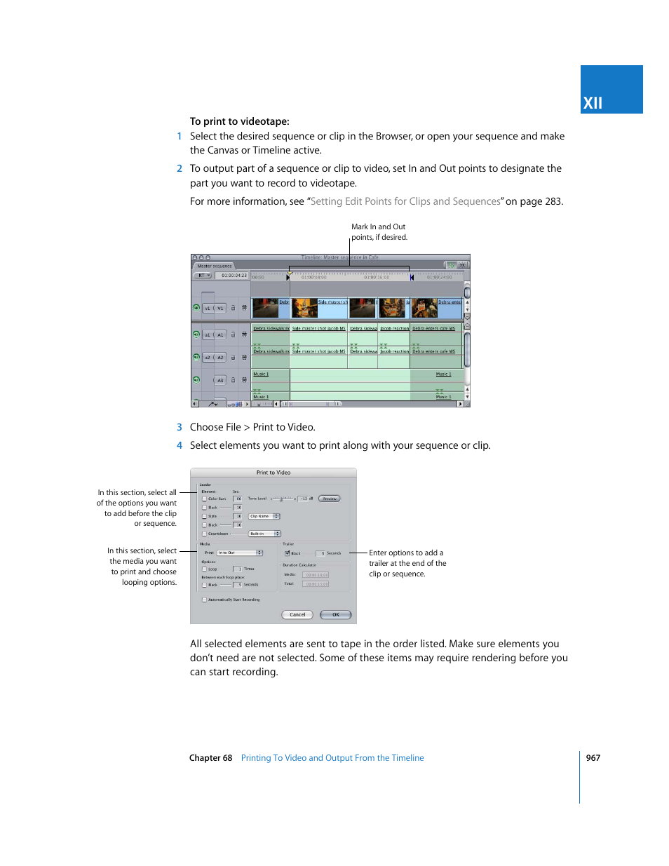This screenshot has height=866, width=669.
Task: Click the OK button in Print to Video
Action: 335,615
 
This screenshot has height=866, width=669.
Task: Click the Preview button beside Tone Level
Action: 329,499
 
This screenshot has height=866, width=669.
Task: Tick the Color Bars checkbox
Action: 204,499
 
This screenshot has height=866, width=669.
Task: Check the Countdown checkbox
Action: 204,534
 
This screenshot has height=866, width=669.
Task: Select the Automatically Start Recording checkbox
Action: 204,600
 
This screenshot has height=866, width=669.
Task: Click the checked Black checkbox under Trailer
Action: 287,553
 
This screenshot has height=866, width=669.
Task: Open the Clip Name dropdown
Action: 264,516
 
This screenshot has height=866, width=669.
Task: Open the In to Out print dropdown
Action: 239,553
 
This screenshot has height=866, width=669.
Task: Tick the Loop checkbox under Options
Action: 204,569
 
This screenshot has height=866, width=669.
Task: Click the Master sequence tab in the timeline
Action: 214,266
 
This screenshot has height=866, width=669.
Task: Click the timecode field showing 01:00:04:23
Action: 234,276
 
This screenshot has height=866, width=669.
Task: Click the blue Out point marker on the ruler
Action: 412,278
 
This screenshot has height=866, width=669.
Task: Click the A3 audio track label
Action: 220,381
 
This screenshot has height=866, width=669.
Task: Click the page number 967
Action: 593,758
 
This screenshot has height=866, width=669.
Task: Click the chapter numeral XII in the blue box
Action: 593,103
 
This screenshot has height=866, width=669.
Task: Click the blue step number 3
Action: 180,427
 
